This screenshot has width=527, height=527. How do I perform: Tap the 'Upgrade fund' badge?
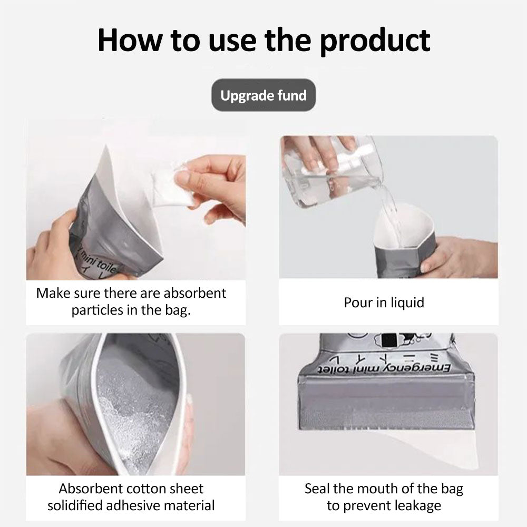(x=263, y=95)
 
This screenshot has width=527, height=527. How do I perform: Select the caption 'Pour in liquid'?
(x=384, y=302)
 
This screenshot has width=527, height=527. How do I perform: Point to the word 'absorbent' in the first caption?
(x=195, y=293)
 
